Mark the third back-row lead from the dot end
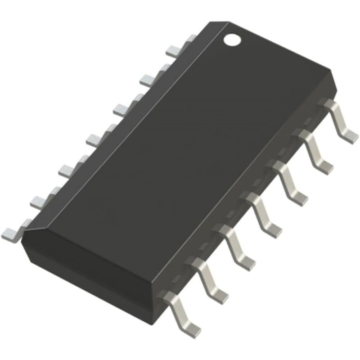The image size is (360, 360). coord(121,108)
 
